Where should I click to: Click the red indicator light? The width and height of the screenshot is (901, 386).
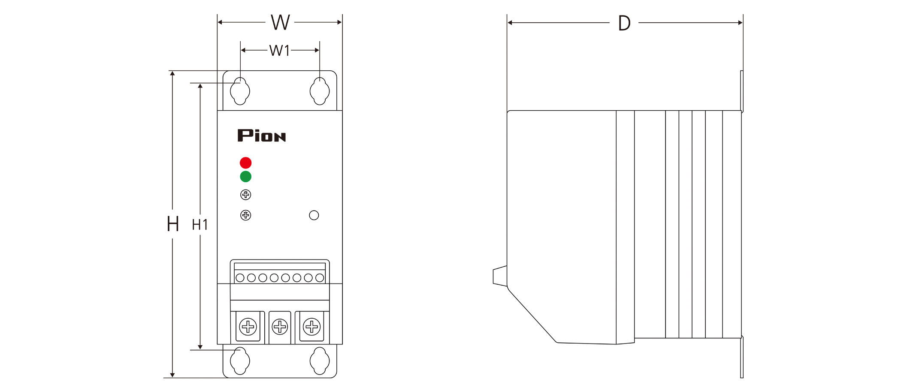click(245, 163)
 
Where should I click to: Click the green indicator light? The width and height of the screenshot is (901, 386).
click(245, 176)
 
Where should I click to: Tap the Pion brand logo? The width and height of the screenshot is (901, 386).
click(261, 136)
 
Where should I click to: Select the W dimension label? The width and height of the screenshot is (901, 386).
click(280, 22)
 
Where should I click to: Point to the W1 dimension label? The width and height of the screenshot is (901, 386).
click(279, 51)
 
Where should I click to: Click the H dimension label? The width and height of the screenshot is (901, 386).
click(172, 224)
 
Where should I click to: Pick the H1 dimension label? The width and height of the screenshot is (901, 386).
click(200, 225)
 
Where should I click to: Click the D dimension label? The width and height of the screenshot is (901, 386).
click(624, 23)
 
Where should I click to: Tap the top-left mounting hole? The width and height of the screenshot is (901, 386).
click(240, 91)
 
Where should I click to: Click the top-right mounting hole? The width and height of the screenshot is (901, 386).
click(320, 91)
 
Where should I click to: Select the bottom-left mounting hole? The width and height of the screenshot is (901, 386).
click(240, 361)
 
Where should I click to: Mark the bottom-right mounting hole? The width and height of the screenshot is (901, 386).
click(320, 361)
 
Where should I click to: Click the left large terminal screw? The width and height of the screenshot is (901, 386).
click(248, 327)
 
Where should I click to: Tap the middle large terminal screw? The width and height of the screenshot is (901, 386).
click(280, 327)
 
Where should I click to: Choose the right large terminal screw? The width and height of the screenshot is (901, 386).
click(311, 327)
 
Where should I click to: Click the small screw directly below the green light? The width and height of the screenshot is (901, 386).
click(245, 195)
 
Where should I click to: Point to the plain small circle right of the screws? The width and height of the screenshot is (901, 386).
click(314, 215)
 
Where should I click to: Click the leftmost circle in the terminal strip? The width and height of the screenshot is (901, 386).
click(240, 278)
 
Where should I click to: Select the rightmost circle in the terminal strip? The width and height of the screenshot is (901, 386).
click(319, 278)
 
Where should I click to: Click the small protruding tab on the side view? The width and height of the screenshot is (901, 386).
click(500, 276)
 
